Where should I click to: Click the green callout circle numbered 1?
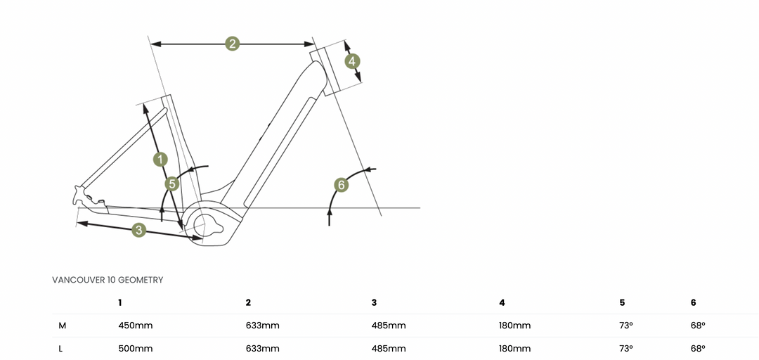[x=160, y=159]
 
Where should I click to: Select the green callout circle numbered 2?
[x=233, y=44]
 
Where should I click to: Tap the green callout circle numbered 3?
[x=138, y=230]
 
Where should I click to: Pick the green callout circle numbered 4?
[x=352, y=61]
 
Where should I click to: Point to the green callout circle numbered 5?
[x=172, y=184]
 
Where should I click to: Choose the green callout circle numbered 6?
[x=341, y=185]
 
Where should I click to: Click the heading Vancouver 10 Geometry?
[x=108, y=280]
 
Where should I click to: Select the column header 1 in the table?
[x=120, y=302]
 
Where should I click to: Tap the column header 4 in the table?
[x=502, y=302]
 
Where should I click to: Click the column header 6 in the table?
[x=694, y=302]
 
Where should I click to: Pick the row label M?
[x=63, y=326]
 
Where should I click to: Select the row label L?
[x=62, y=349]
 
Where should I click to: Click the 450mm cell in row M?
[x=136, y=326]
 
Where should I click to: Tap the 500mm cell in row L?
[x=136, y=349]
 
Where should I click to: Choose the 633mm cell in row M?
[x=262, y=326]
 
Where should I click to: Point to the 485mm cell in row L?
[x=389, y=349]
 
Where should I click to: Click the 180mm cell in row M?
[x=514, y=326]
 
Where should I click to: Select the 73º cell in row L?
[x=626, y=349]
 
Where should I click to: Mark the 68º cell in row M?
[x=698, y=326]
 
